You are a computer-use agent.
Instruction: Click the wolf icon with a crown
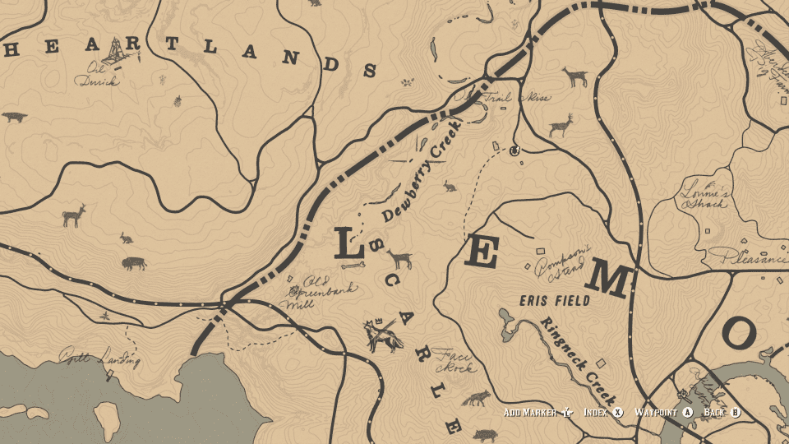[381, 335]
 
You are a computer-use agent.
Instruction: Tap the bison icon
[134, 264]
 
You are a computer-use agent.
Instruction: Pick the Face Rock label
[454, 359]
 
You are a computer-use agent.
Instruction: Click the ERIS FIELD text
[555, 301]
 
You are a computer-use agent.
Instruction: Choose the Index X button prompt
[603, 412]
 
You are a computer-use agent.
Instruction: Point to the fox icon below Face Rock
[475, 400]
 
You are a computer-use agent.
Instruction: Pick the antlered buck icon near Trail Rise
[561, 125]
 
